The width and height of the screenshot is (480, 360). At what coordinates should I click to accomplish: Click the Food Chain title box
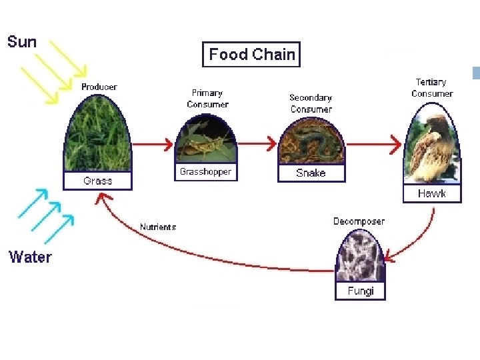pyautogui.click(x=251, y=55)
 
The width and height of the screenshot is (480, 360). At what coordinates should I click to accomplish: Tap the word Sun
pyautogui.click(x=22, y=42)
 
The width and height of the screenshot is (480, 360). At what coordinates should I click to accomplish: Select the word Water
pyautogui.click(x=30, y=257)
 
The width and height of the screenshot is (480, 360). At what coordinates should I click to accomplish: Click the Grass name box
pyautogui.click(x=97, y=181)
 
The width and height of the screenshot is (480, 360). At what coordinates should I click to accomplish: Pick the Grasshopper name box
pyautogui.click(x=205, y=172)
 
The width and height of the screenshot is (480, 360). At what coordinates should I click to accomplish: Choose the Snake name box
pyautogui.click(x=311, y=173)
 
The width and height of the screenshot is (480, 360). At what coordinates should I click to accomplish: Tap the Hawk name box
pyautogui.click(x=431, y=193)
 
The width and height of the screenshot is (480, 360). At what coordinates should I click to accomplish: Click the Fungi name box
pyautogui.click(x=360, y=291)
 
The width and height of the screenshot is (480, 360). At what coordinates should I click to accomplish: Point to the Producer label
pyautogui.click(x=99, y=87)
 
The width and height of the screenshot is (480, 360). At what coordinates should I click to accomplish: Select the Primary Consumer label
pyautogui.click(x=207, y=99)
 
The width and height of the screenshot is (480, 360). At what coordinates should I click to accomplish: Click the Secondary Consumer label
pyautogui.click(x=311, y=103)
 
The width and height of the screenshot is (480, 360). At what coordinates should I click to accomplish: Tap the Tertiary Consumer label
pyautogui.click(x=431, y=88)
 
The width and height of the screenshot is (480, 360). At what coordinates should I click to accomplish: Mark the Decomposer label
pyautogui.click(x=359, y=221)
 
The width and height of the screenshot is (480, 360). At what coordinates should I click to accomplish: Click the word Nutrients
pyautogui.click(x=158, y=227)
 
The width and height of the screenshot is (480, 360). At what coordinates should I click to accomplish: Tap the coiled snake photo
pyautogui.click(x=311, y=144)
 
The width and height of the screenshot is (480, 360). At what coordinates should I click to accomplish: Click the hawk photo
pyautogui.click(x=431, y=150)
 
